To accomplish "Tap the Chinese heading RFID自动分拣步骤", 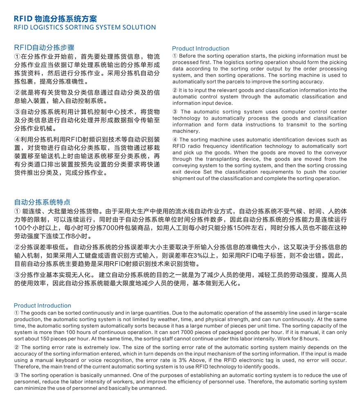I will click(x=44, y=47).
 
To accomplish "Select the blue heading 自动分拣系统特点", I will click(x=42, y=202).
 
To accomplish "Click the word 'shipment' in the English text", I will click(x=185, y=179).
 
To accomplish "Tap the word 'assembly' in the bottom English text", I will click(x=261, y=313).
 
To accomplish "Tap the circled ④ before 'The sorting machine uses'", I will click(x=175, y=140).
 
